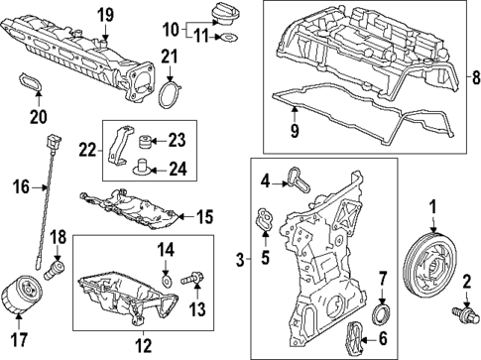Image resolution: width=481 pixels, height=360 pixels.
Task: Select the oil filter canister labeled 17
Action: pos(20,293)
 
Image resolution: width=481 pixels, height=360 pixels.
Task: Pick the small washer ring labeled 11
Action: pos(228,39)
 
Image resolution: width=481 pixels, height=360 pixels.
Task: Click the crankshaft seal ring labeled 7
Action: pos(380,315)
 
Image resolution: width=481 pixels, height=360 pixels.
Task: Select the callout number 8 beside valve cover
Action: pos(473,74)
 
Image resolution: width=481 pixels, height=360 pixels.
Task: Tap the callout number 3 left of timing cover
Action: pos(241,260)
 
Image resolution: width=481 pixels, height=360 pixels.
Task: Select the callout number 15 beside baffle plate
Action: pos(205,215)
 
